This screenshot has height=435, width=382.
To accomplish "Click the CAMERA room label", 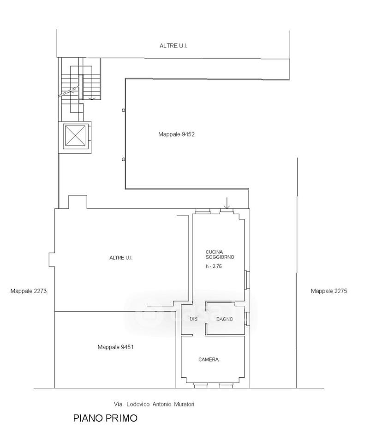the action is coord(209,360).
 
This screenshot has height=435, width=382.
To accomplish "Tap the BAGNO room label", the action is coord(225,319).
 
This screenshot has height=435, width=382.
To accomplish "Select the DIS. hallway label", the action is coord(194,319).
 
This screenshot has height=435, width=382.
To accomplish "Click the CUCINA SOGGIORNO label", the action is coord(220,255).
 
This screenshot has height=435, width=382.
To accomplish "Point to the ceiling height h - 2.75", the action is coord(214,266).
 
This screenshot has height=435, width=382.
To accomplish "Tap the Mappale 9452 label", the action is coord(176,134).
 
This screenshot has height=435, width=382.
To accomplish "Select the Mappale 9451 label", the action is coord(116,347).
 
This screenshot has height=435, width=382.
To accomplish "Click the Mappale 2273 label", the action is coord(29,291).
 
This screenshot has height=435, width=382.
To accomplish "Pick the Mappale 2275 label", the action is coord(329,291).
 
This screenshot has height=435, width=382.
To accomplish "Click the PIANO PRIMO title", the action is coord(105,418).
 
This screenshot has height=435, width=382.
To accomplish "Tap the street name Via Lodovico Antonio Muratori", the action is coord(154,404).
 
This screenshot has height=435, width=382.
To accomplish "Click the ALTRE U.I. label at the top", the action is coord(173,46).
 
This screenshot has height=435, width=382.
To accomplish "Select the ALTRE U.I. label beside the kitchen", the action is coord(121,258).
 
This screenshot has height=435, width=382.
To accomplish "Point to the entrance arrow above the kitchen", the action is coord(227,203).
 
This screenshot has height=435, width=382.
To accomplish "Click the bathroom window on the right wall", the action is coord(247,319).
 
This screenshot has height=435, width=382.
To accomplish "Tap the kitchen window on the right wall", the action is coord(247,280).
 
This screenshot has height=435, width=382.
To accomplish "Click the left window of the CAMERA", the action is coord(200,386).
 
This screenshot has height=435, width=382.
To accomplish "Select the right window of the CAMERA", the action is coord(226,386).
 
